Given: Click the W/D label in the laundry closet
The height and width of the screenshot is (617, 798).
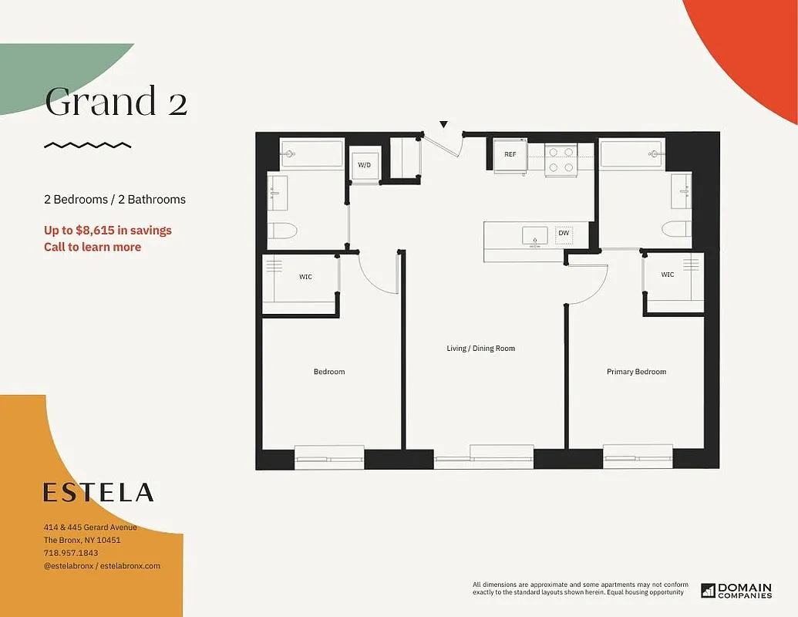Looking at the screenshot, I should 364,165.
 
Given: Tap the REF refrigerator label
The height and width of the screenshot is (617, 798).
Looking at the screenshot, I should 510,154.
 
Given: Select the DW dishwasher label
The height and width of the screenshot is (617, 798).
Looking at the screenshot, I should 564,233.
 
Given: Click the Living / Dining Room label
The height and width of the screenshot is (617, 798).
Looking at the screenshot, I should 480,349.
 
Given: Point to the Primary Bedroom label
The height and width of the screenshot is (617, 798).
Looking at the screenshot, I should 636,372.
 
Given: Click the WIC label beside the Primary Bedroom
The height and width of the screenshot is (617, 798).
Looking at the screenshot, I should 667,275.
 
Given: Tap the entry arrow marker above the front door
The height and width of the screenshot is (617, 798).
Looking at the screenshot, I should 443,124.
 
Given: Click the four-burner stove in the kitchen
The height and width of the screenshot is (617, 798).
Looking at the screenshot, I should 561,159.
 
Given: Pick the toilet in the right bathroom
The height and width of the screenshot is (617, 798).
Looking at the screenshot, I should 676,230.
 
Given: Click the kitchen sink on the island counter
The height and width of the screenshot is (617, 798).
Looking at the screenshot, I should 534,234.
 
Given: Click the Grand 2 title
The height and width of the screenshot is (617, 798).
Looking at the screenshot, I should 116,103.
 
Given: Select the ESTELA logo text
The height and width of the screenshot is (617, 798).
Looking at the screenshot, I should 98,492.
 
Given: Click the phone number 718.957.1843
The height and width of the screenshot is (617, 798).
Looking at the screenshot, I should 71,553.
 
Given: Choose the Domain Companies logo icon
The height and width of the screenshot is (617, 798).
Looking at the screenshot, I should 709,591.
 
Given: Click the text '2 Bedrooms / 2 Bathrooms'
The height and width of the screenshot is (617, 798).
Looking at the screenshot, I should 115,199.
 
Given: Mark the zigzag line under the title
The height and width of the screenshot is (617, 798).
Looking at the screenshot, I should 87,144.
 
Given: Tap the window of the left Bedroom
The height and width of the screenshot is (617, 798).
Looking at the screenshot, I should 329,457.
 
